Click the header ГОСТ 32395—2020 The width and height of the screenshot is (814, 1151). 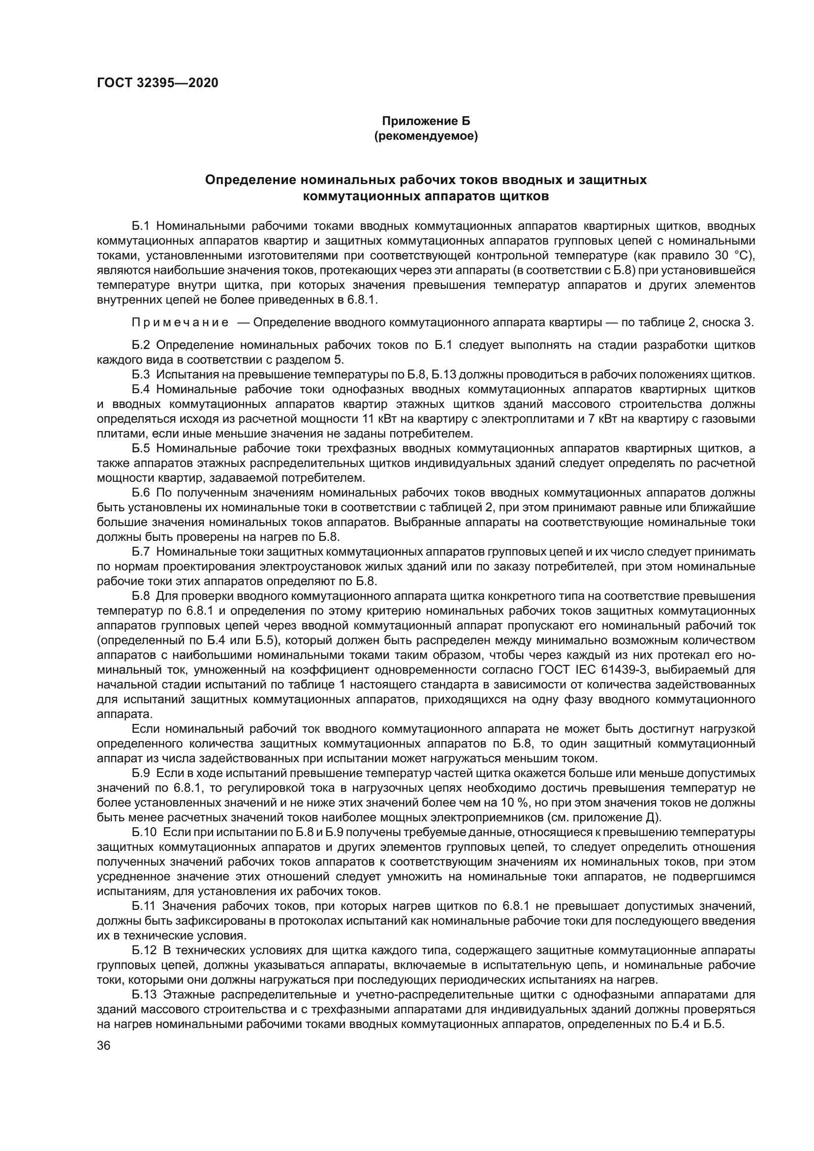[x=157, y=83]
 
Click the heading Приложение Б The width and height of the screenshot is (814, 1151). [x=426, y=122]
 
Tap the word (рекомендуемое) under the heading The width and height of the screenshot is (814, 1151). [x=426, y=136]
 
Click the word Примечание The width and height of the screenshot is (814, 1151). [x=180, y=322]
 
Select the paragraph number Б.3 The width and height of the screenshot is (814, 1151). [x=141, y=374]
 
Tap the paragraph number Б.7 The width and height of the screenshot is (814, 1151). [x=141, y=552]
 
